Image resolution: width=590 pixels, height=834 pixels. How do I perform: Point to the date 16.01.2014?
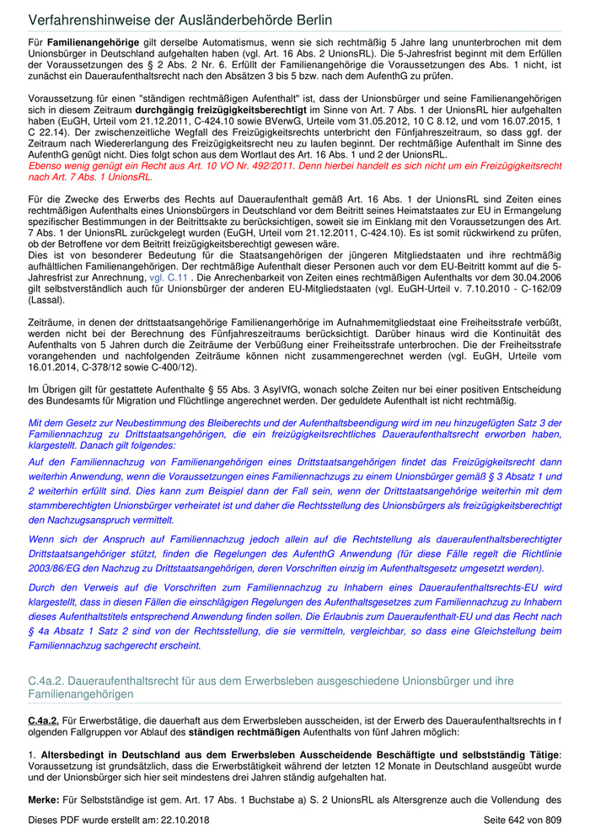click(x=54, y=366)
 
